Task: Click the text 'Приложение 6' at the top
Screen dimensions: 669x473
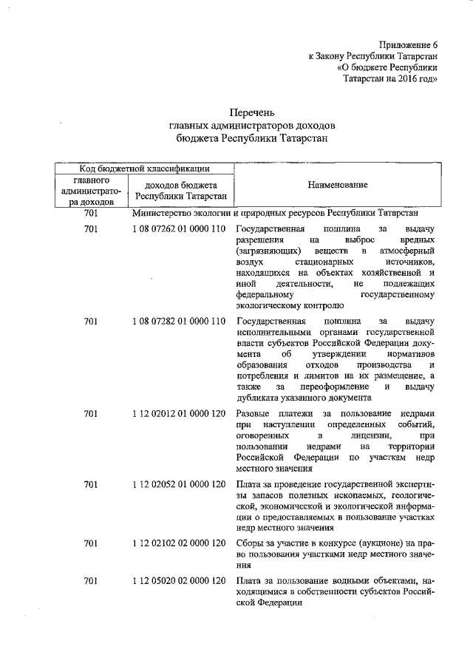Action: click(408, 46)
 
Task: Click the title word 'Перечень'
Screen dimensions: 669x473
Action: click(252, 113)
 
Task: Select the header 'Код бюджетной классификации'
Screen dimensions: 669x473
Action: click(143, 169)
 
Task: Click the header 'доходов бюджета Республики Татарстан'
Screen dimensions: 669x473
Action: click(180, 191)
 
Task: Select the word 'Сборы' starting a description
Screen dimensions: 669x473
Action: click(250, 543)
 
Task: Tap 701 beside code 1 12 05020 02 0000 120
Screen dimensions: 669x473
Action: click(91, 581)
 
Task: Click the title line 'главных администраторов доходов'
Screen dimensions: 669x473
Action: click(252, 125)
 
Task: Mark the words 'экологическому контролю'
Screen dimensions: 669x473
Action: click(289, 305)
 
